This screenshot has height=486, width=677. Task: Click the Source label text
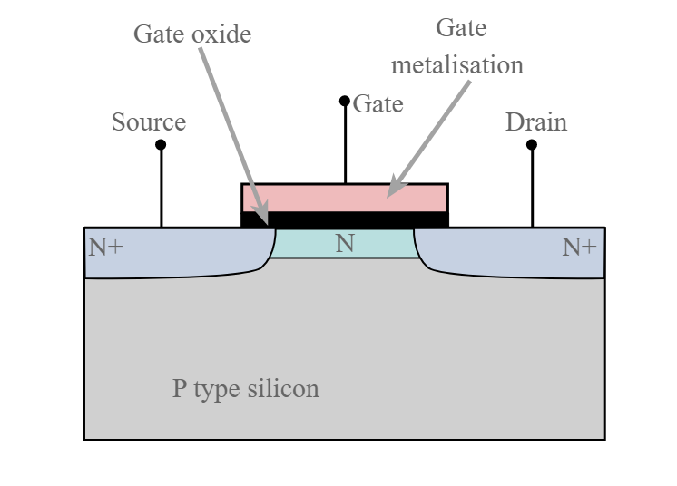(148, 122)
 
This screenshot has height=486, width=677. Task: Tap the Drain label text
(535, 122)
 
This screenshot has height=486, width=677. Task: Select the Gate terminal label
(378, 104)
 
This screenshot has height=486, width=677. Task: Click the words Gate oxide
(191, 34)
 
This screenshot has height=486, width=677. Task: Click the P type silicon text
(246, 389)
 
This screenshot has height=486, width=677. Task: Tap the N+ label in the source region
(105, 246)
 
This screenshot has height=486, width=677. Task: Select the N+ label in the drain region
(579, 246)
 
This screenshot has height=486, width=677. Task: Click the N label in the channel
(345, 243)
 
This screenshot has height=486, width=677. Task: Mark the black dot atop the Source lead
(161, 145)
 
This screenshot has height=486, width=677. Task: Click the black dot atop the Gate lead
(345, 101)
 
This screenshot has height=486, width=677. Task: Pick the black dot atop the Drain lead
(532, 145)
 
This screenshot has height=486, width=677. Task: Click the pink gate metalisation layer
(327, 197)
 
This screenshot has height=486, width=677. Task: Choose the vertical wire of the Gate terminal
(345, 145)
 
